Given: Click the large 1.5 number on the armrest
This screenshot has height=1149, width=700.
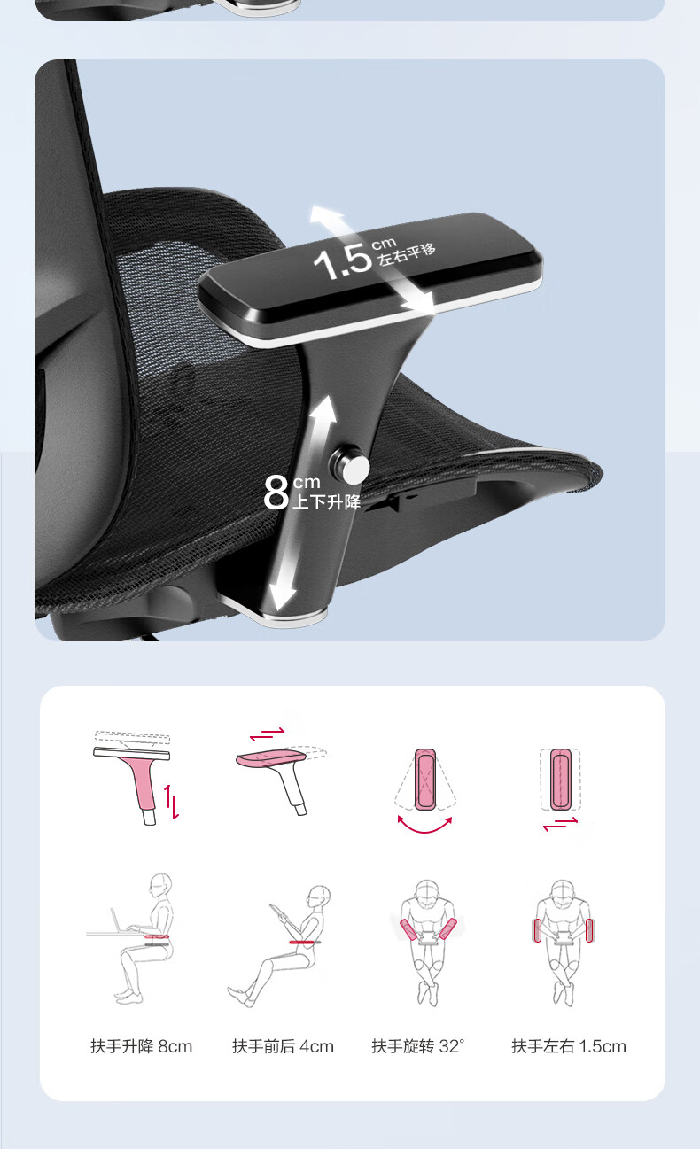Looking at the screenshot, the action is tap(342, 262).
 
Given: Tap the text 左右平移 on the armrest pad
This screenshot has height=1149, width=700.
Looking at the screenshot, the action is tap(407, 254).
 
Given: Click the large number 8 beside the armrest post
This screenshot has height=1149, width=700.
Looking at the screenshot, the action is tap(276, 492).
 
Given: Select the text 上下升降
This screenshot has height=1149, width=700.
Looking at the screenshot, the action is tap(327, 501).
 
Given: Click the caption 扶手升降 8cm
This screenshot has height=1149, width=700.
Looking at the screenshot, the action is tap(141, 1046).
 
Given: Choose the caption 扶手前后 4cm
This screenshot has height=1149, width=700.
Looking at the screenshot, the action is tap(283, 1046).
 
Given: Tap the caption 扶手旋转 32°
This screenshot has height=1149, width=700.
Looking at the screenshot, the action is tap(418, 1046).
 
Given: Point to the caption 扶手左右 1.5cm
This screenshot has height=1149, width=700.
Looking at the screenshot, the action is tap(569, 1046).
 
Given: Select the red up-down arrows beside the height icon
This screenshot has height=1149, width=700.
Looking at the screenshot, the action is tap(171, 802).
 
